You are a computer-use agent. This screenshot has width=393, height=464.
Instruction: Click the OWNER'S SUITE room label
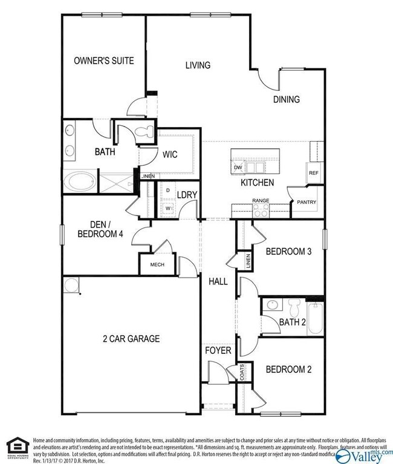pos(103,60)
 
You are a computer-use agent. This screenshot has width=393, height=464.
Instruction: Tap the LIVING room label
pos(198,65)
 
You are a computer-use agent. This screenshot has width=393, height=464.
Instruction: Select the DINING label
pos(286,99)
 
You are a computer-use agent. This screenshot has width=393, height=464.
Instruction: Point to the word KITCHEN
pos(258,182)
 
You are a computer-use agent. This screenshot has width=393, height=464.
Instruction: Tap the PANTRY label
pos(303,203)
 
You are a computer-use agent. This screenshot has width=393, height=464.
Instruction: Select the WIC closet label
pos(169,154)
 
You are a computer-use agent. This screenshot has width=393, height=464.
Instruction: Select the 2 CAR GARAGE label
pos(131,339)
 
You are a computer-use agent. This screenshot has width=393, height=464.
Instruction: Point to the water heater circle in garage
pos(71,284)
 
